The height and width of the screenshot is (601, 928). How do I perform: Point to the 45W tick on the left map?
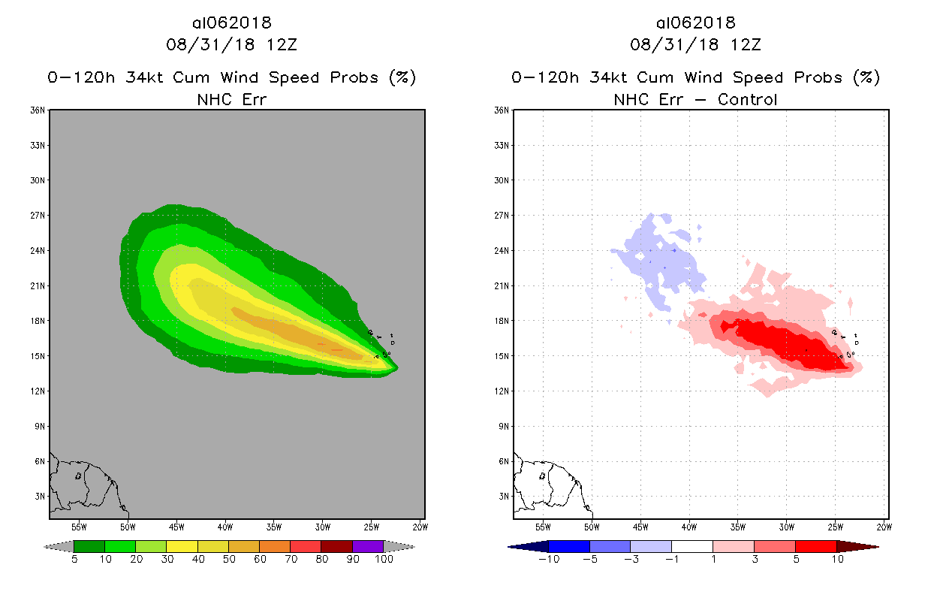click(x=176, y=526)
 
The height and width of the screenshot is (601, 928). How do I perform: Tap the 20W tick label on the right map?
click(x=884, y=526)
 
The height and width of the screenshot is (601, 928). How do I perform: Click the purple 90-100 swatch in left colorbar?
click(x=368, y=546)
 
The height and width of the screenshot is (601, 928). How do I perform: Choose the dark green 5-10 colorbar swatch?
click(x=89, y=546)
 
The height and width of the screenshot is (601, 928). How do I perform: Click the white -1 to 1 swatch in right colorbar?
click(x=691, y=546)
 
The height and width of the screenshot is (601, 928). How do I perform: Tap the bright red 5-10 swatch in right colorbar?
click(x=815, y=546)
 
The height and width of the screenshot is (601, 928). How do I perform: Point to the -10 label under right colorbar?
click(x=547, y=559)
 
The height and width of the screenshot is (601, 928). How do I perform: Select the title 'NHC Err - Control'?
click(x=695, y=99)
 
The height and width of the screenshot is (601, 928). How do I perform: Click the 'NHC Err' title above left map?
click(x=231, y=99)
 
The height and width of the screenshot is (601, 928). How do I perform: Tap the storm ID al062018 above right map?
click(x=695, y=23)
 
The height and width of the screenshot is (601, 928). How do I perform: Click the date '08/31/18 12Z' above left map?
click(x=231, y=44)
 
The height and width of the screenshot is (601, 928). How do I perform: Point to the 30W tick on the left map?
click(x=323, y=526)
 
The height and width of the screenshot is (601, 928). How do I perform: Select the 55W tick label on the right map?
click(x=543, y=526)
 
